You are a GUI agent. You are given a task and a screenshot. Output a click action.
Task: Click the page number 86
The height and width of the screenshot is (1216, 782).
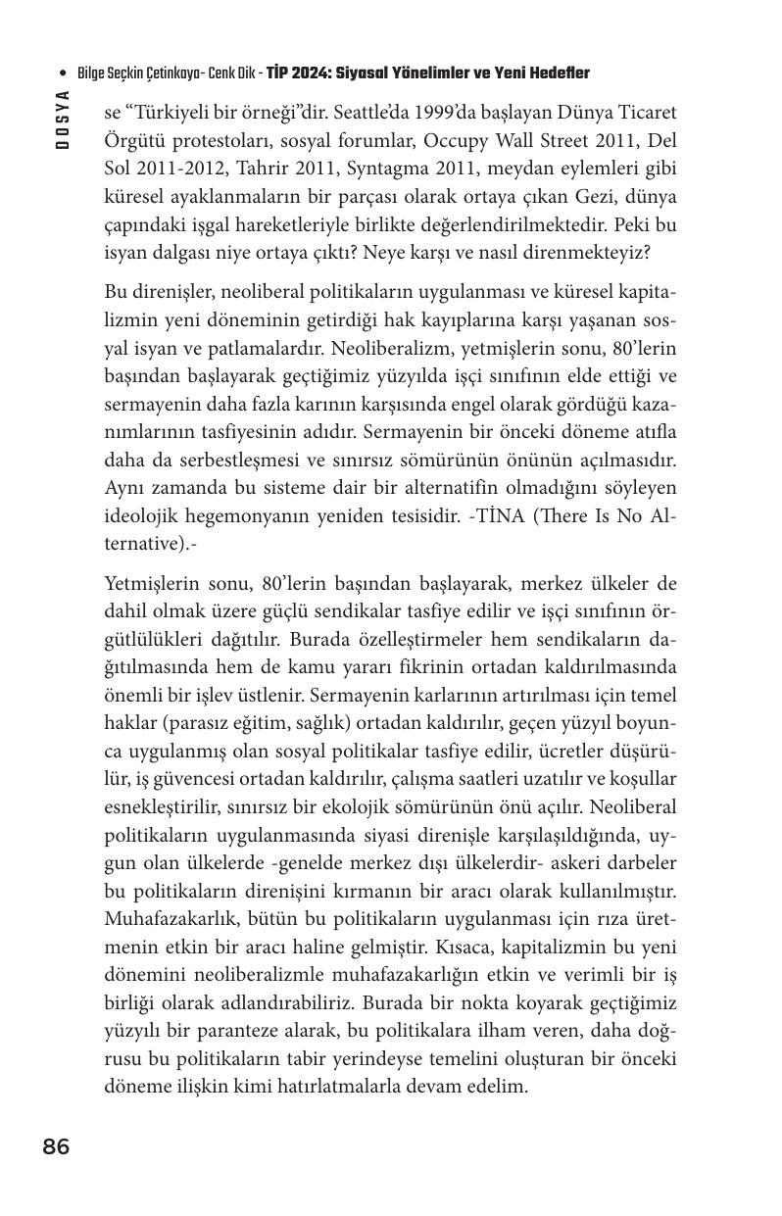(x=56, y=1146)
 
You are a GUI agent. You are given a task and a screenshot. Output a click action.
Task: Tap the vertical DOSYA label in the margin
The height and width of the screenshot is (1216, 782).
(x=63, y=119)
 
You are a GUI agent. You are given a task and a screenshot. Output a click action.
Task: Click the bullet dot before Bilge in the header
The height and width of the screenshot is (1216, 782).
(x=64, y=74)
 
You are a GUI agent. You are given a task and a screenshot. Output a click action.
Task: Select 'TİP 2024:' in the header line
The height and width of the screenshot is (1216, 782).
(x=300, y=74)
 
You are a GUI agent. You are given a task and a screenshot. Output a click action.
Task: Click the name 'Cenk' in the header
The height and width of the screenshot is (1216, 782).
(x=220, y=74)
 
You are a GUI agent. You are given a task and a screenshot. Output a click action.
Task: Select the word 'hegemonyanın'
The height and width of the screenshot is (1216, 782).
(x=243, y=515)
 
